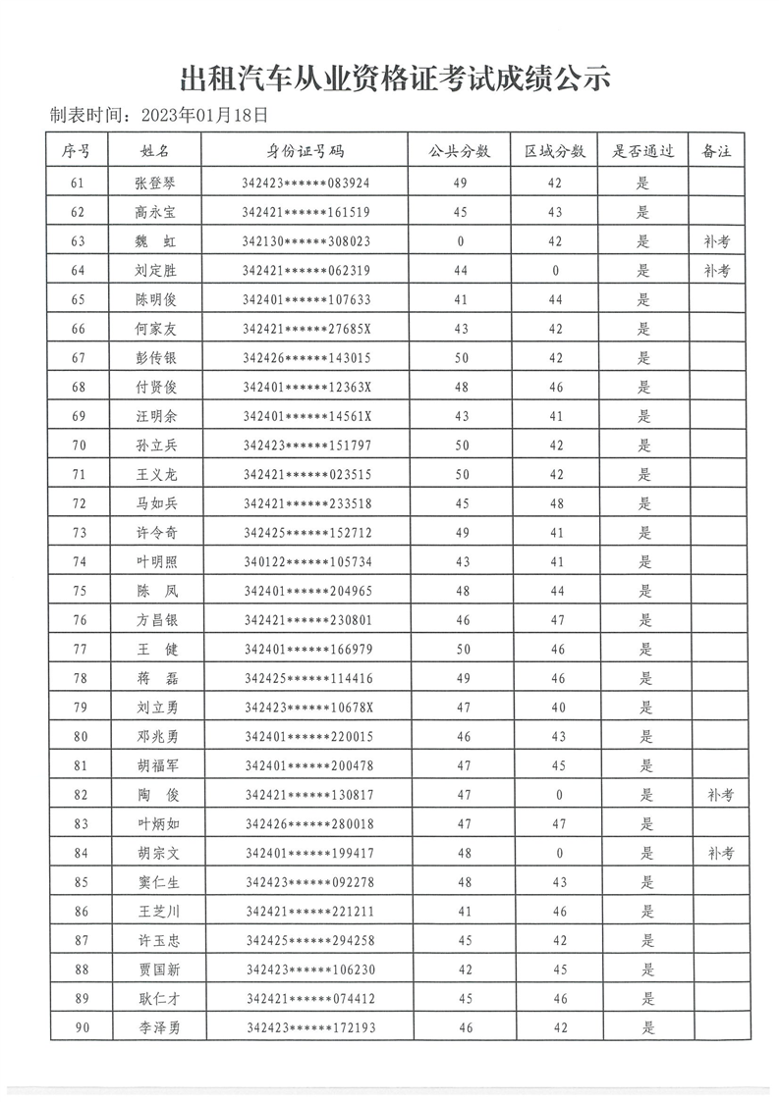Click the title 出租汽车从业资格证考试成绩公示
tap(396, 77)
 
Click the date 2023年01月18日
tap(204, 114)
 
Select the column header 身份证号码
tap(306, 151)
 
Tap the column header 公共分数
tap(460, 151)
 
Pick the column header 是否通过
tap(643, 151)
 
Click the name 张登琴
tap(156, 183)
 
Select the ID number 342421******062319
tap(306, 271)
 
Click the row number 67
tap(79, 358)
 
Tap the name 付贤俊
tap(156, 388)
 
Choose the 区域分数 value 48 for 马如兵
tap(555, 504)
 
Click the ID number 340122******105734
tap(306, 562)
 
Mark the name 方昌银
tap(156, 620)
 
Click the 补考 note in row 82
tap(720, 795)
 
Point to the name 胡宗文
tap(156, 854)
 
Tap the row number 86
tap(81, 912)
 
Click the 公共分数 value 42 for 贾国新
tap(465, 971)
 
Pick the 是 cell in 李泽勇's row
tap(645, 1028)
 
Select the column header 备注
tap(717, 151)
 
